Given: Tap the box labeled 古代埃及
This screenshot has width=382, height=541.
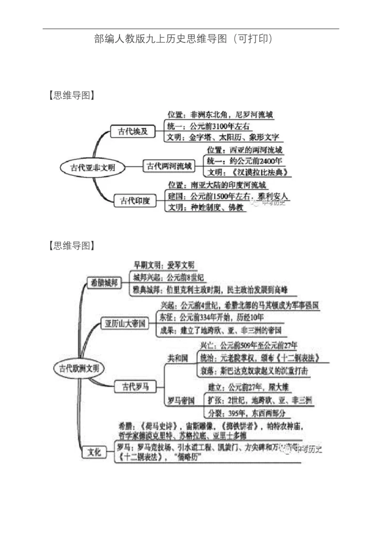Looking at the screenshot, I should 130,132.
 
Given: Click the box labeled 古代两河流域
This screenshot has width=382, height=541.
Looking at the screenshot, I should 169,166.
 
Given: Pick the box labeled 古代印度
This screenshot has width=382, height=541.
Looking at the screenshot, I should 135,201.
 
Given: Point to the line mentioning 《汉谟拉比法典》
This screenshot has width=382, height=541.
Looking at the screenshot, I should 248,172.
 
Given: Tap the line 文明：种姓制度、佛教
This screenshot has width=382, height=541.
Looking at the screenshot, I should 206,207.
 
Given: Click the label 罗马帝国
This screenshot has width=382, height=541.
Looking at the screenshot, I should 181,400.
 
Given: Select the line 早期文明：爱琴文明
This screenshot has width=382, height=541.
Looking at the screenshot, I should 164,266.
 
